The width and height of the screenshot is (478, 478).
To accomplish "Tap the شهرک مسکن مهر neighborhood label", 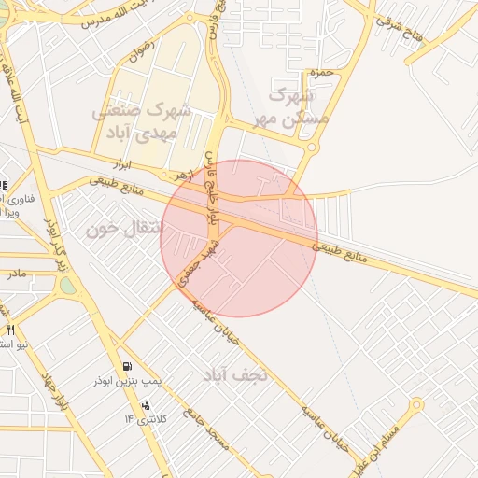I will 292,105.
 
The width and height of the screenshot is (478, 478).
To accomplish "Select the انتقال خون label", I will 119,228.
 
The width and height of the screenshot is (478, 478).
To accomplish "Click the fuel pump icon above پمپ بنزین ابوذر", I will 127,366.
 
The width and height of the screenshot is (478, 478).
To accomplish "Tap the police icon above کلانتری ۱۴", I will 146,405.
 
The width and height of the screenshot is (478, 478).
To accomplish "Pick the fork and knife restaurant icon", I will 10,330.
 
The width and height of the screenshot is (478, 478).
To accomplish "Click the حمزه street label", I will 319,72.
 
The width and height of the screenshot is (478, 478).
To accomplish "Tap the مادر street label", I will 17,274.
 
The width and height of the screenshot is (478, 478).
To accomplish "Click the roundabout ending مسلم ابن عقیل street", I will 415,405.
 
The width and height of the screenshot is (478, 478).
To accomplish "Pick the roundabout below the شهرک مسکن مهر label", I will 312,147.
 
